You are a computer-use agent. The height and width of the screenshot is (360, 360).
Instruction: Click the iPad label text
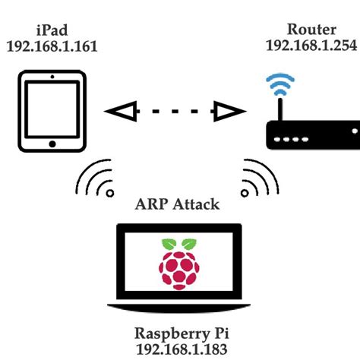click(51, 30)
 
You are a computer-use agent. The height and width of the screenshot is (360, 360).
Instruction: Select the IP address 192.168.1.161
click(52, 46)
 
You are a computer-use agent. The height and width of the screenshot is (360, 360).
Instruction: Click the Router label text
click(311, 30)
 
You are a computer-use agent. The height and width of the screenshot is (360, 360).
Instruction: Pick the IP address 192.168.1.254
click(311, 46)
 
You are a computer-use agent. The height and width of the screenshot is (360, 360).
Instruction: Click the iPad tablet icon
click(52, 111)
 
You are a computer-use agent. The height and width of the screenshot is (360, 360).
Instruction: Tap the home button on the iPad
click(52, 144)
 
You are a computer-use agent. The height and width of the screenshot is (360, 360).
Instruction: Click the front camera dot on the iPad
click(52, 77)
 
